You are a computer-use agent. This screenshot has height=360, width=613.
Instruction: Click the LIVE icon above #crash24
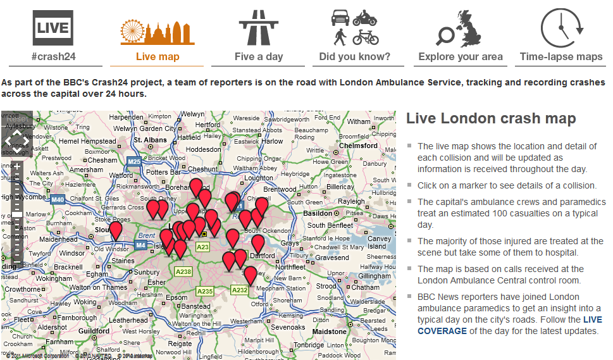point(53,27)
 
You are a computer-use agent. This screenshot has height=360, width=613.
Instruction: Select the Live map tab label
point(158,57)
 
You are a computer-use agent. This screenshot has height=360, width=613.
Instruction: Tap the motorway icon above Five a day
point(258,27)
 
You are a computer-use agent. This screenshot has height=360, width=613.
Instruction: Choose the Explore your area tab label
point(461,57)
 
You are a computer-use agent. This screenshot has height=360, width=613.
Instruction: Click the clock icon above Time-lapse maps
point(562,28)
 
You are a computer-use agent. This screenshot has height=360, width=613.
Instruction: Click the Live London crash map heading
point(491,118)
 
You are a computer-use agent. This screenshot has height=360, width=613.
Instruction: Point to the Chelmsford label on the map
point(359,146)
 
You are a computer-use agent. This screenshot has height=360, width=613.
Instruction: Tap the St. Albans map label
point(150,140)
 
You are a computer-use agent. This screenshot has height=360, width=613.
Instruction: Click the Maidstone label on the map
point(330,331)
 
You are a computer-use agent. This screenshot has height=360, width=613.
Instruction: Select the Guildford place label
point(94,331)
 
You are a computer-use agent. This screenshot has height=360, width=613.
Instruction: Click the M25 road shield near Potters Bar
point(134,162)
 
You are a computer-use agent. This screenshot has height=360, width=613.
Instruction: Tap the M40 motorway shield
point(58,200)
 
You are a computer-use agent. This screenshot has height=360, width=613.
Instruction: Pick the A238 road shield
point(183,271)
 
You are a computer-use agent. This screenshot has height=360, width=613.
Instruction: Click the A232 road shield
point(239,290)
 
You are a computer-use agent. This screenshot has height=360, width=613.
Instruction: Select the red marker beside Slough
point(115,231)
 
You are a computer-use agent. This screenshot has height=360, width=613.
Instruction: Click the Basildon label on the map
point(318,213)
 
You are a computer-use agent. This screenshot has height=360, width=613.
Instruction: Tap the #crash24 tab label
point(53,57)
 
